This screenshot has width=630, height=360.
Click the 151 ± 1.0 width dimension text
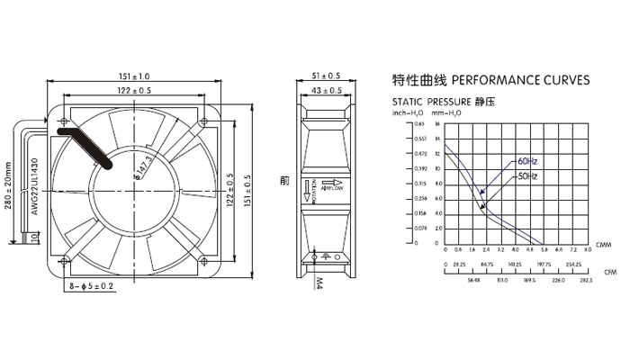pos(134,76)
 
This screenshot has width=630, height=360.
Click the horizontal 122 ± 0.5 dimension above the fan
pos(134,91)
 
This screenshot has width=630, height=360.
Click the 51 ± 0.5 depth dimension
pos(325,76)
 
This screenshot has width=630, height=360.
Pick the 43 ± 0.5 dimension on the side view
pos(325,91)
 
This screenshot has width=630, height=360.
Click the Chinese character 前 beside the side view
pos(284,180)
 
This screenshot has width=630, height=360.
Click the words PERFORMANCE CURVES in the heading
pos(520,80)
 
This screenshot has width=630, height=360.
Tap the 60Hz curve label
pos(527,161)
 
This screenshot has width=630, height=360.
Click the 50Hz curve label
pos(527,176)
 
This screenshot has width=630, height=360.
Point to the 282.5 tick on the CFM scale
pos(586,280)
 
